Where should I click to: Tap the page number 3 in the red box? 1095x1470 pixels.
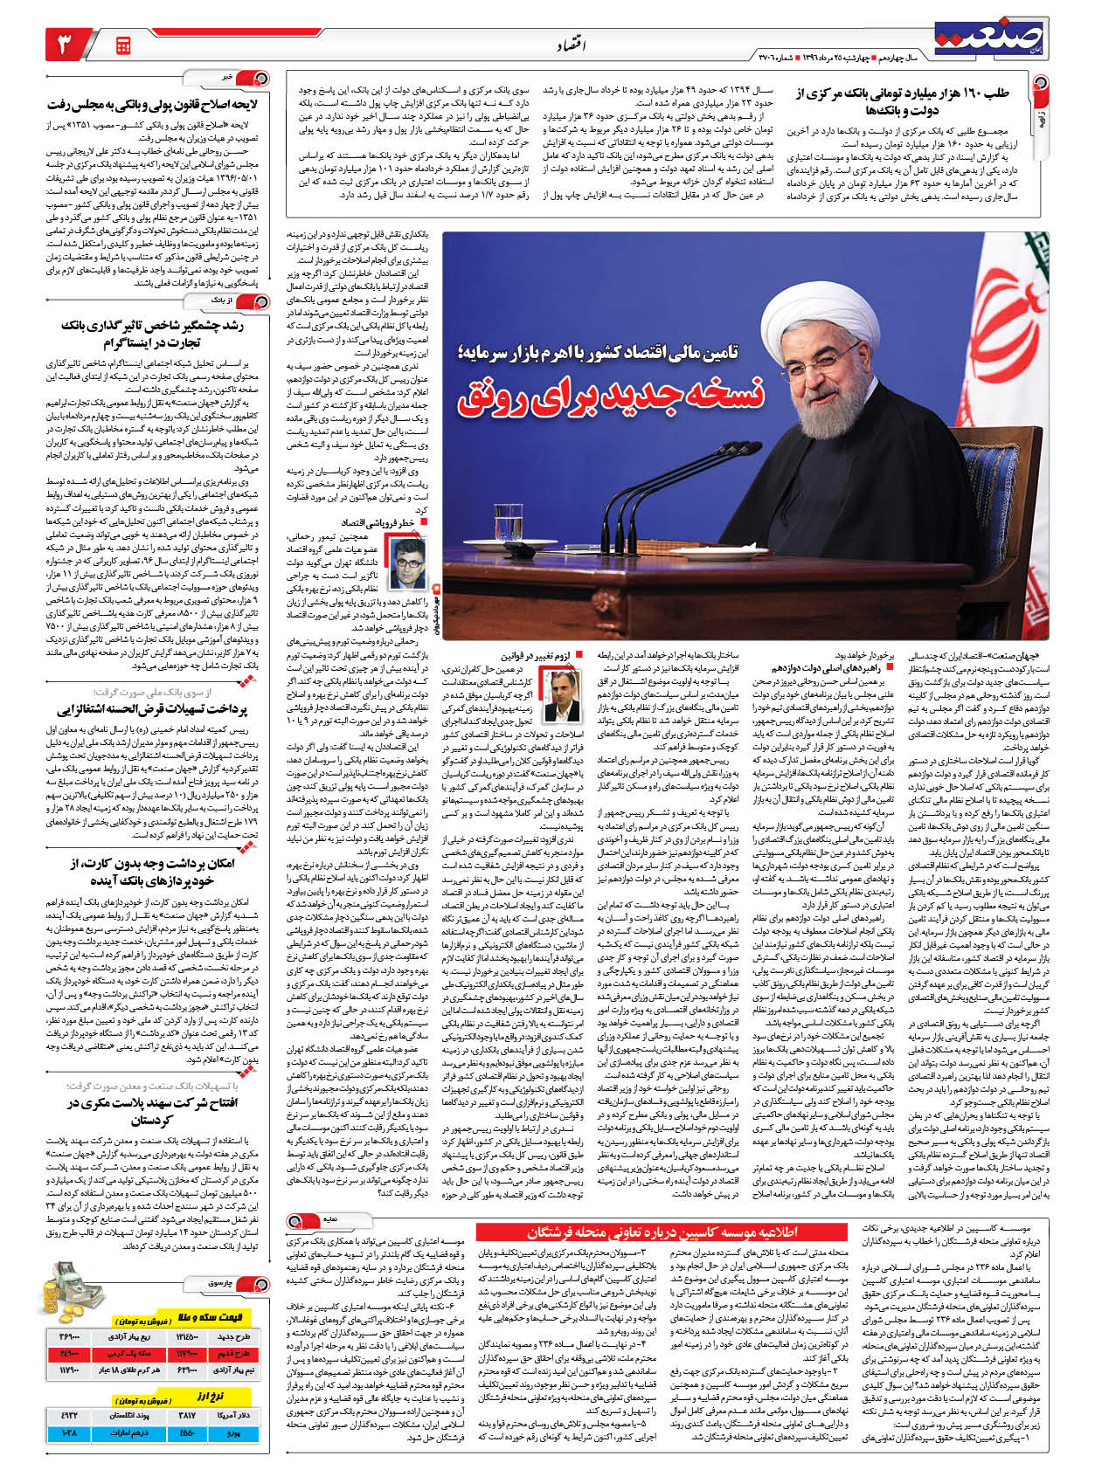67,44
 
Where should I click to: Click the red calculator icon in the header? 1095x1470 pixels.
122,45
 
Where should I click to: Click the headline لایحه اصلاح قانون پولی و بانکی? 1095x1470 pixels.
153,104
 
